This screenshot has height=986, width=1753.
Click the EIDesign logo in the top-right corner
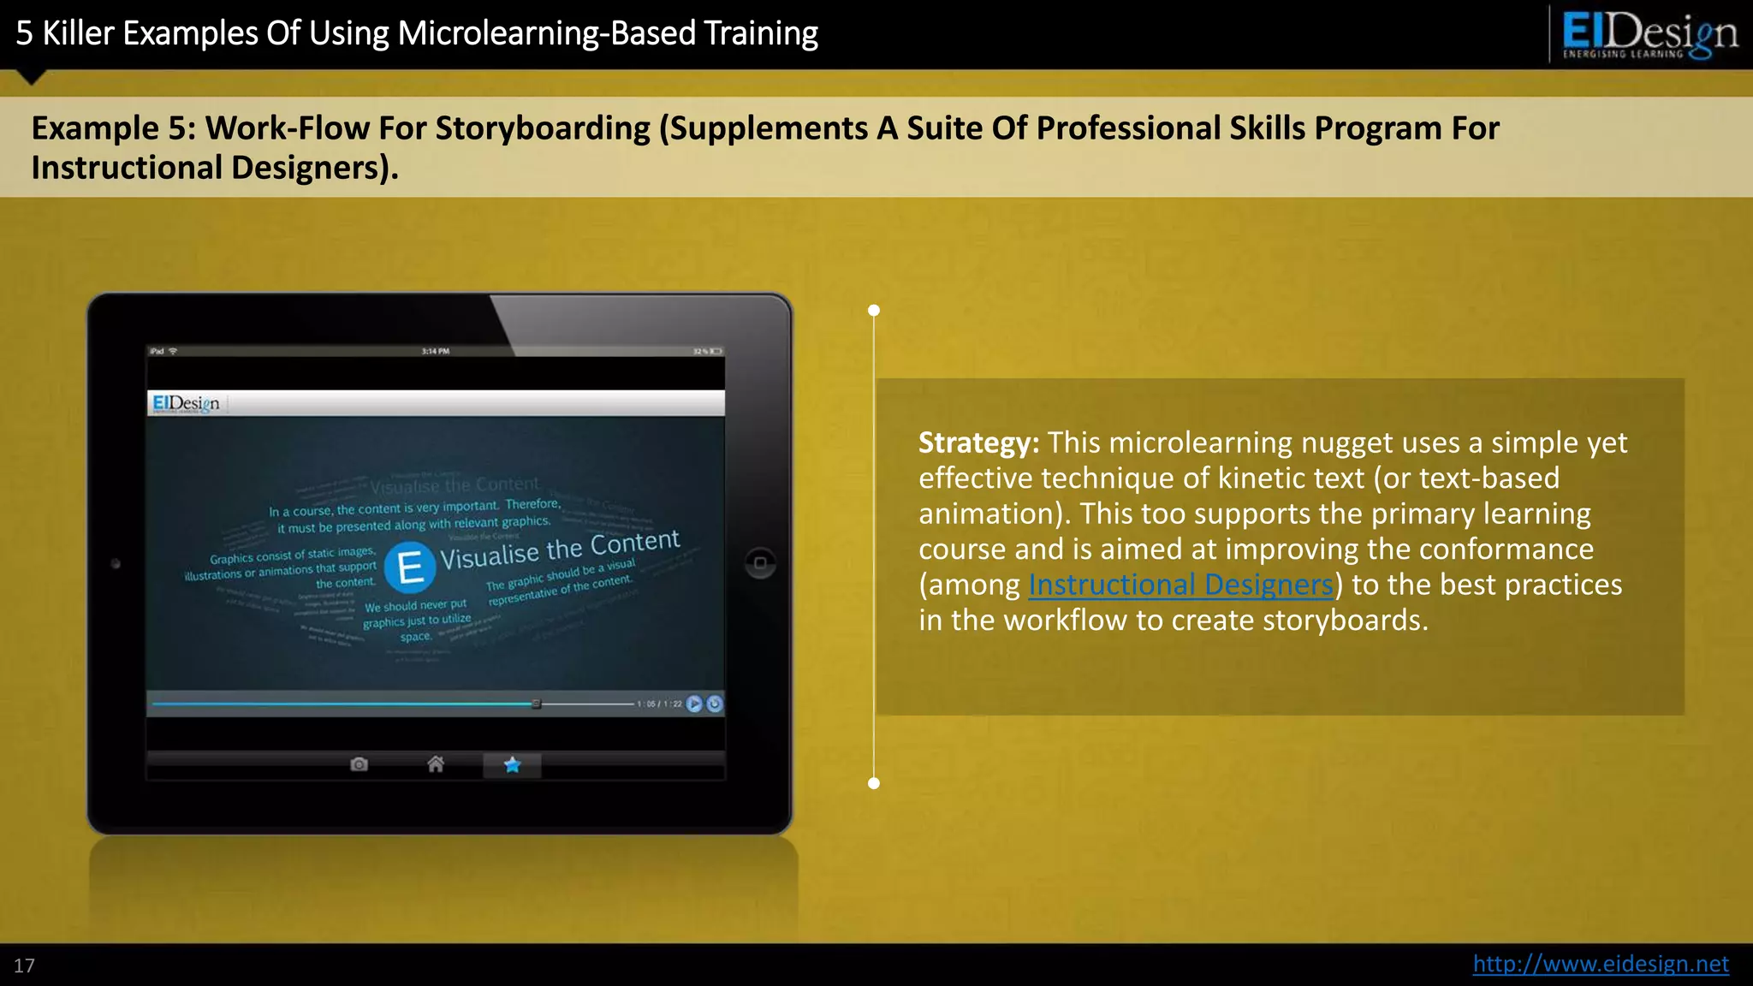(x=1649, y=34)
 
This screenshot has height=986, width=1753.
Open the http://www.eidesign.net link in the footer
(x=1600, y=964)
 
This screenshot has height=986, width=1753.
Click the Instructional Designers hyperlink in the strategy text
(x=1180, y=585)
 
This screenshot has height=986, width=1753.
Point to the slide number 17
(x=24, y=966)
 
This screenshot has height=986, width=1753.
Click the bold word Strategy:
(x=978, y=443)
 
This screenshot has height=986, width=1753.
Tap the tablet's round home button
(x=760, y=563)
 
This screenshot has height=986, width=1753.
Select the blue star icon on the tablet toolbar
(x=512, y=764)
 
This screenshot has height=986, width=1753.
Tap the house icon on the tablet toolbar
(x=436, y=763)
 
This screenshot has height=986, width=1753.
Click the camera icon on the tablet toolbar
(x=360, y=763)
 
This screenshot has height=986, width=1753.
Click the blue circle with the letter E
(x=410, y=567)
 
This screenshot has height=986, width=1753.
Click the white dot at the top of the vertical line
(x=874, y=311)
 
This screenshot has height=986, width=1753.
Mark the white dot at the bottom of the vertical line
(x=874, y=783)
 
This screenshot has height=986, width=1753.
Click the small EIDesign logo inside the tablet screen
(x=186, y=403)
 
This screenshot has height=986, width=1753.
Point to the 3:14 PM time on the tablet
(x=436, y=351)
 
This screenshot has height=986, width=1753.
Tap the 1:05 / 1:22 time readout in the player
(x=659, y=704)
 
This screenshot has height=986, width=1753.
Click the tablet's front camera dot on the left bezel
(x=116, y=564)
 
